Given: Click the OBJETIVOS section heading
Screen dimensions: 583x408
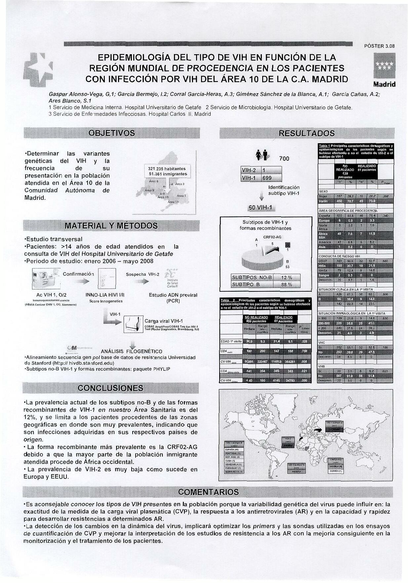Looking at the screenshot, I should coord(112,133).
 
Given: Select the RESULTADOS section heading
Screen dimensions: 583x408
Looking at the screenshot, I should coord(306,133).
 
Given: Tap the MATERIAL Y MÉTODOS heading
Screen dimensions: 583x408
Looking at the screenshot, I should coord(111,226).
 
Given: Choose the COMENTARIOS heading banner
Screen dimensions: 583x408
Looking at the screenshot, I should coord(208,492).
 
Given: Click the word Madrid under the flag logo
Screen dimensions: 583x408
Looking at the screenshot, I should coord(385,84).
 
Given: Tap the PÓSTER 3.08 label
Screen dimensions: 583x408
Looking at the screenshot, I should coord(379,46).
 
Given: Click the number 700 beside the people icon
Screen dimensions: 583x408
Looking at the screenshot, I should coord(284,159).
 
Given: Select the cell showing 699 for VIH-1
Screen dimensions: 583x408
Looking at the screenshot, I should coord(267,178).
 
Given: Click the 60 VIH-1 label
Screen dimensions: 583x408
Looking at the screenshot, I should coord(262,208).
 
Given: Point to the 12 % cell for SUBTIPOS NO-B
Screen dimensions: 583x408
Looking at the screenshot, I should coord(286,277).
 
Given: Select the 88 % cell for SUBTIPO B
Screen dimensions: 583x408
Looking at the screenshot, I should coord(286,284).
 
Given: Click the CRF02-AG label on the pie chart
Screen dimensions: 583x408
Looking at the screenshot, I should coord(272,237).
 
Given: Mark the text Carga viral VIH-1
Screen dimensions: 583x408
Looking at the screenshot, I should coord(164,321).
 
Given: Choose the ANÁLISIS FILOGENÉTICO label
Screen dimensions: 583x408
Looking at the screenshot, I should coord(132,351).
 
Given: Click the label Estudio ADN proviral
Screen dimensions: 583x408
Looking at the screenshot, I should coord(173,295).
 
